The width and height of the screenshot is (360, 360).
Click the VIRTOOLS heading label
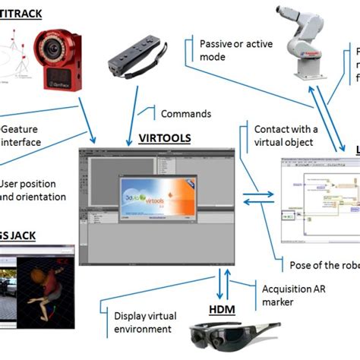click(166, 139)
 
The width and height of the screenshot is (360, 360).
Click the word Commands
click(185, 113)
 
